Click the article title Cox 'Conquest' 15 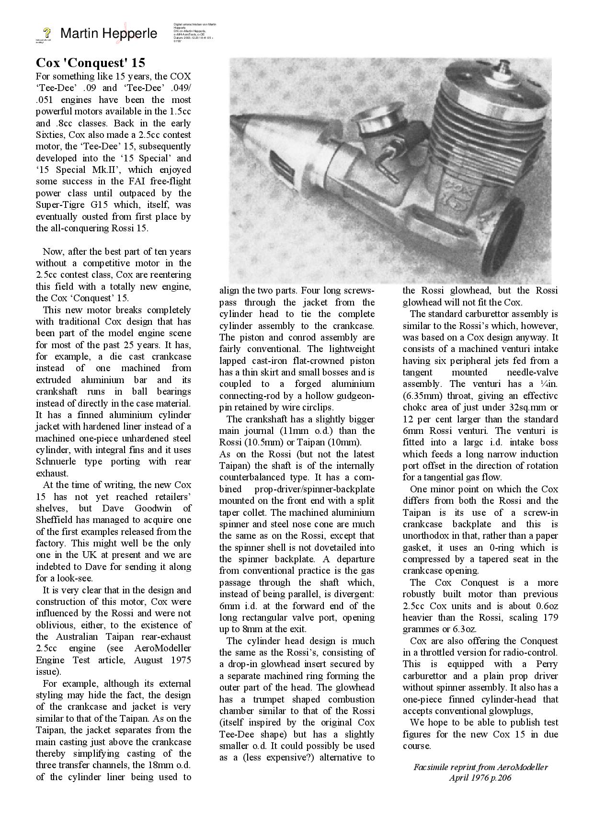[91, 63]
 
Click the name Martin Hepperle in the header [109, 34]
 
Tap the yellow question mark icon [47, 33]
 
